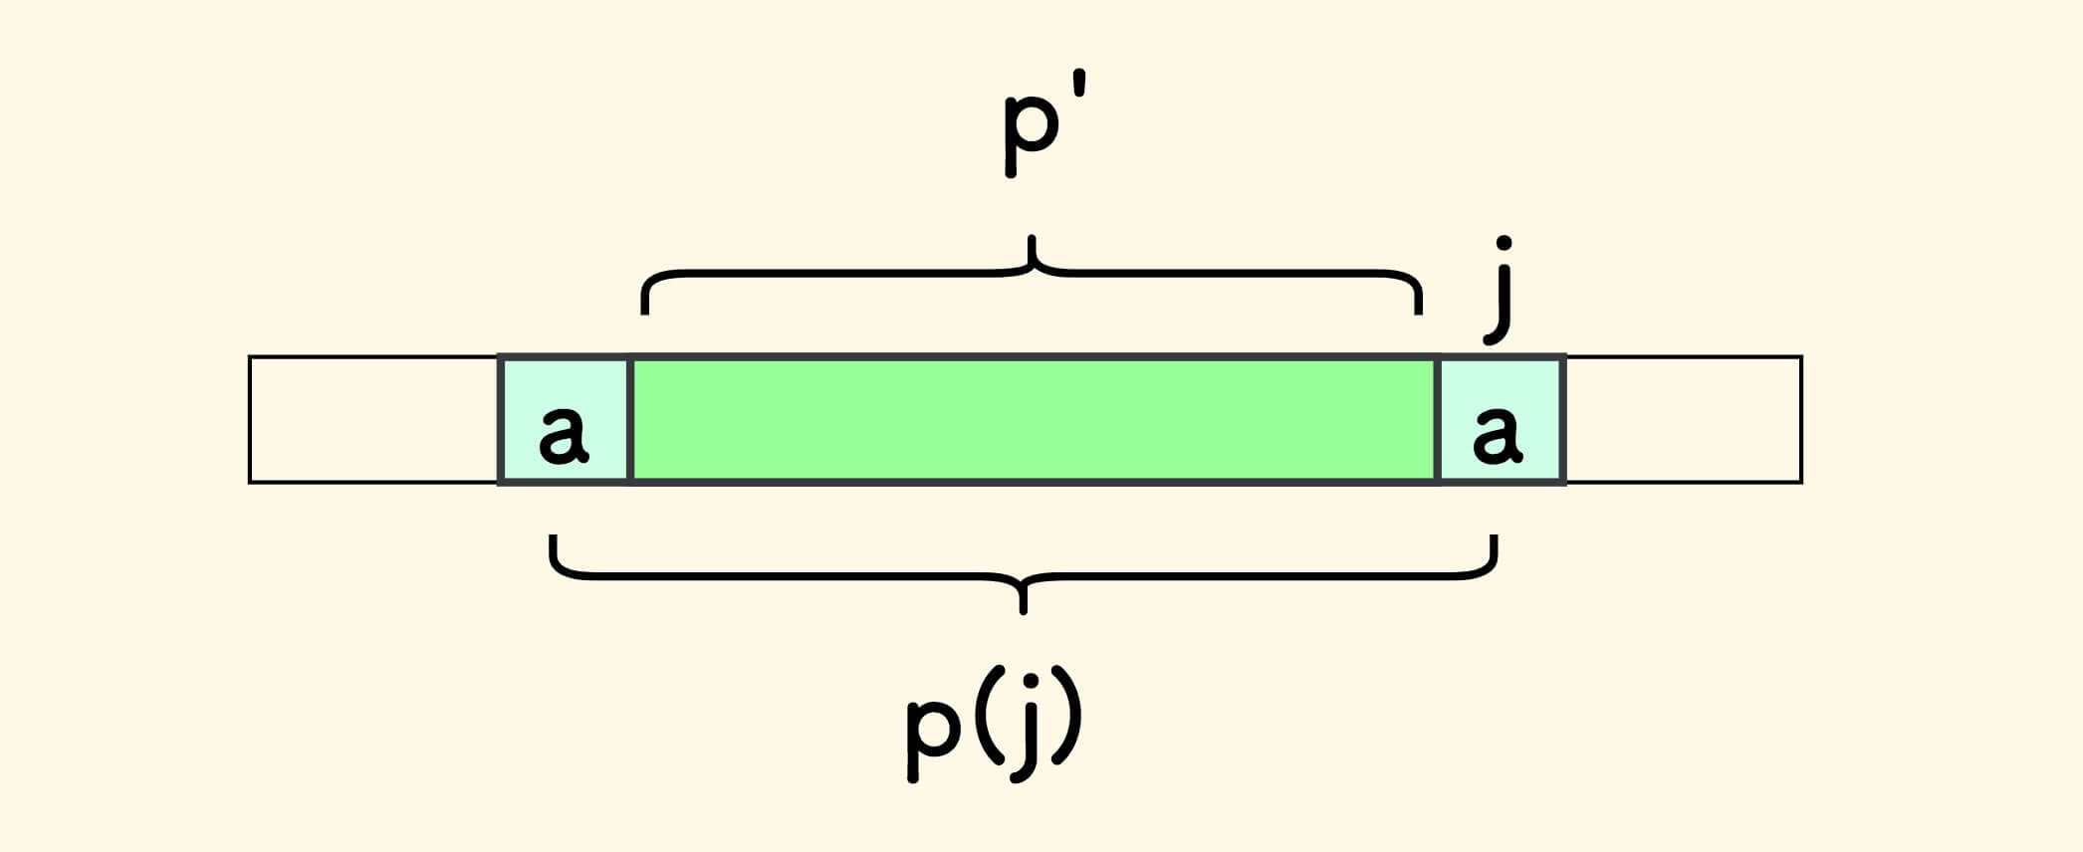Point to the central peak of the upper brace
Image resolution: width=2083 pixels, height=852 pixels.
pos(1033,244)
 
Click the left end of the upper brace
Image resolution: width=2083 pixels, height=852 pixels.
pos(645,305)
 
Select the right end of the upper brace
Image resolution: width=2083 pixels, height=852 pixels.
pos(1418,305)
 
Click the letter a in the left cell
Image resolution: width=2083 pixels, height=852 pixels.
pos(563,435)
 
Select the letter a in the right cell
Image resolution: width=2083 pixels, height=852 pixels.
pos(1498,435)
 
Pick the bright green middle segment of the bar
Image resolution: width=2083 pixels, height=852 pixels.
pos(1034,420)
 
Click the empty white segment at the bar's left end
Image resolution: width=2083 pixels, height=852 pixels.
pos(373,420)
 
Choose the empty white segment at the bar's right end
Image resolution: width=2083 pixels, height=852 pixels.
pos(1683,420)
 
